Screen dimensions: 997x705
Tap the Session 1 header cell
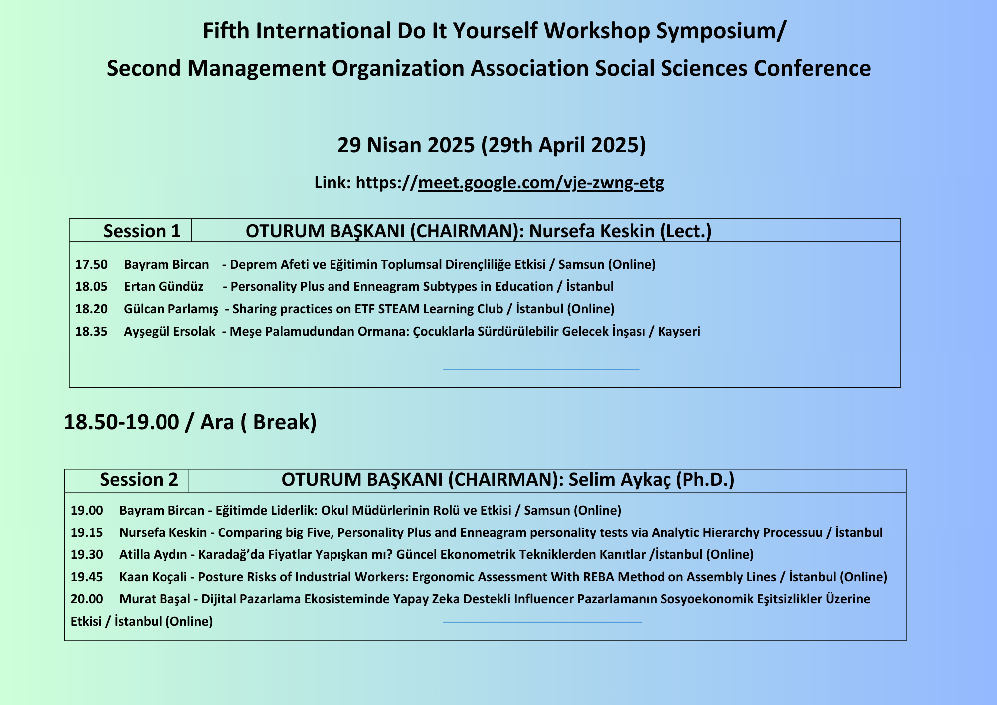131,230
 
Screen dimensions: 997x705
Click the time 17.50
91,264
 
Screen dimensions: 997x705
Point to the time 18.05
91,287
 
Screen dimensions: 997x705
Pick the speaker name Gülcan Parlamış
171,309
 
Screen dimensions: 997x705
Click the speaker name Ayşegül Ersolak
169,332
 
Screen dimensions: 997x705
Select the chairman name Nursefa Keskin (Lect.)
620,231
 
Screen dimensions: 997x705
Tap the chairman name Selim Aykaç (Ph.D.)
652,480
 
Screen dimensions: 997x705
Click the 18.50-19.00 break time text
122,422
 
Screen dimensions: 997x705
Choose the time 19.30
87,554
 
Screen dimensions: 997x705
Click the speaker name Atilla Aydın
153,554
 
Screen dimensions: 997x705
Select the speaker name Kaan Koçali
153,577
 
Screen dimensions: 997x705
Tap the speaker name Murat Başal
155,599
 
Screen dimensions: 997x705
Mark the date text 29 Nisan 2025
406,145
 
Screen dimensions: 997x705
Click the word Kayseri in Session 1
679,332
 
